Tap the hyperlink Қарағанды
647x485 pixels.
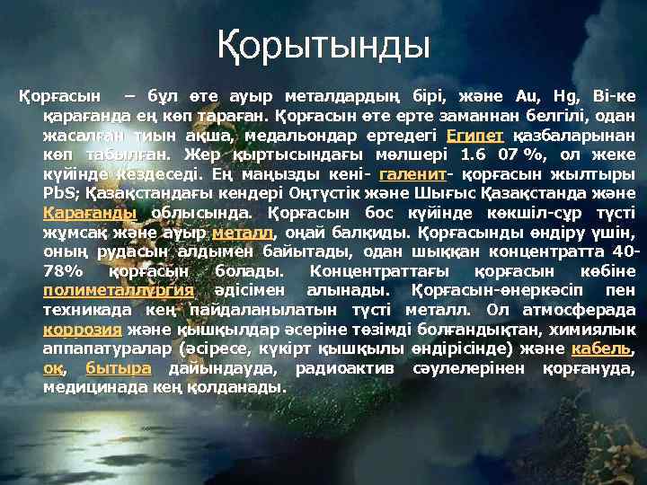click(90, 213)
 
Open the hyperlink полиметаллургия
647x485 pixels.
click(119, 290)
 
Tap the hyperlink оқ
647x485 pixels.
click(51, 368)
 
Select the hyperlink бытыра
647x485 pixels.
click(119, 368)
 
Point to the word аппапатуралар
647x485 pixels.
click(99, 348)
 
